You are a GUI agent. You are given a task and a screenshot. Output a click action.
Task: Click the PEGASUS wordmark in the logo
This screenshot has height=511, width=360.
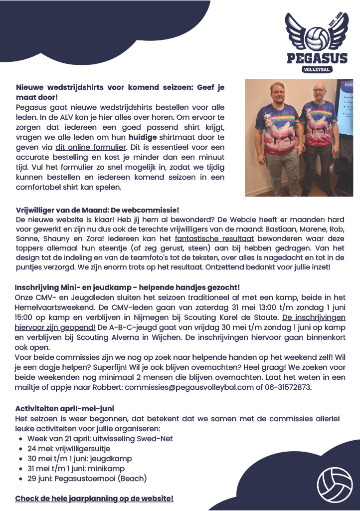pyautogui.click(x=317, y=58)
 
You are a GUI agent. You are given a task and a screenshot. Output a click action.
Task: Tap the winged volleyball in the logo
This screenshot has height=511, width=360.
pyautogui.click(x=316, y=35)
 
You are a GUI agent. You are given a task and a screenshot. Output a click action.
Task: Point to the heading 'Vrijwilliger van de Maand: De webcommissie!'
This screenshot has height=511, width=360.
pyautogui.click(x=97, y=211)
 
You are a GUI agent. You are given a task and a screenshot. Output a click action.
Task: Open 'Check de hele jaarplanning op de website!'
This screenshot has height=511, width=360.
pyautogui.click(x=94, y=499)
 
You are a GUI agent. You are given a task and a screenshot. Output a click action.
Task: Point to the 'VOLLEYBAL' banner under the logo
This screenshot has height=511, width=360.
pyautogui.click(x=317, y=69)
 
